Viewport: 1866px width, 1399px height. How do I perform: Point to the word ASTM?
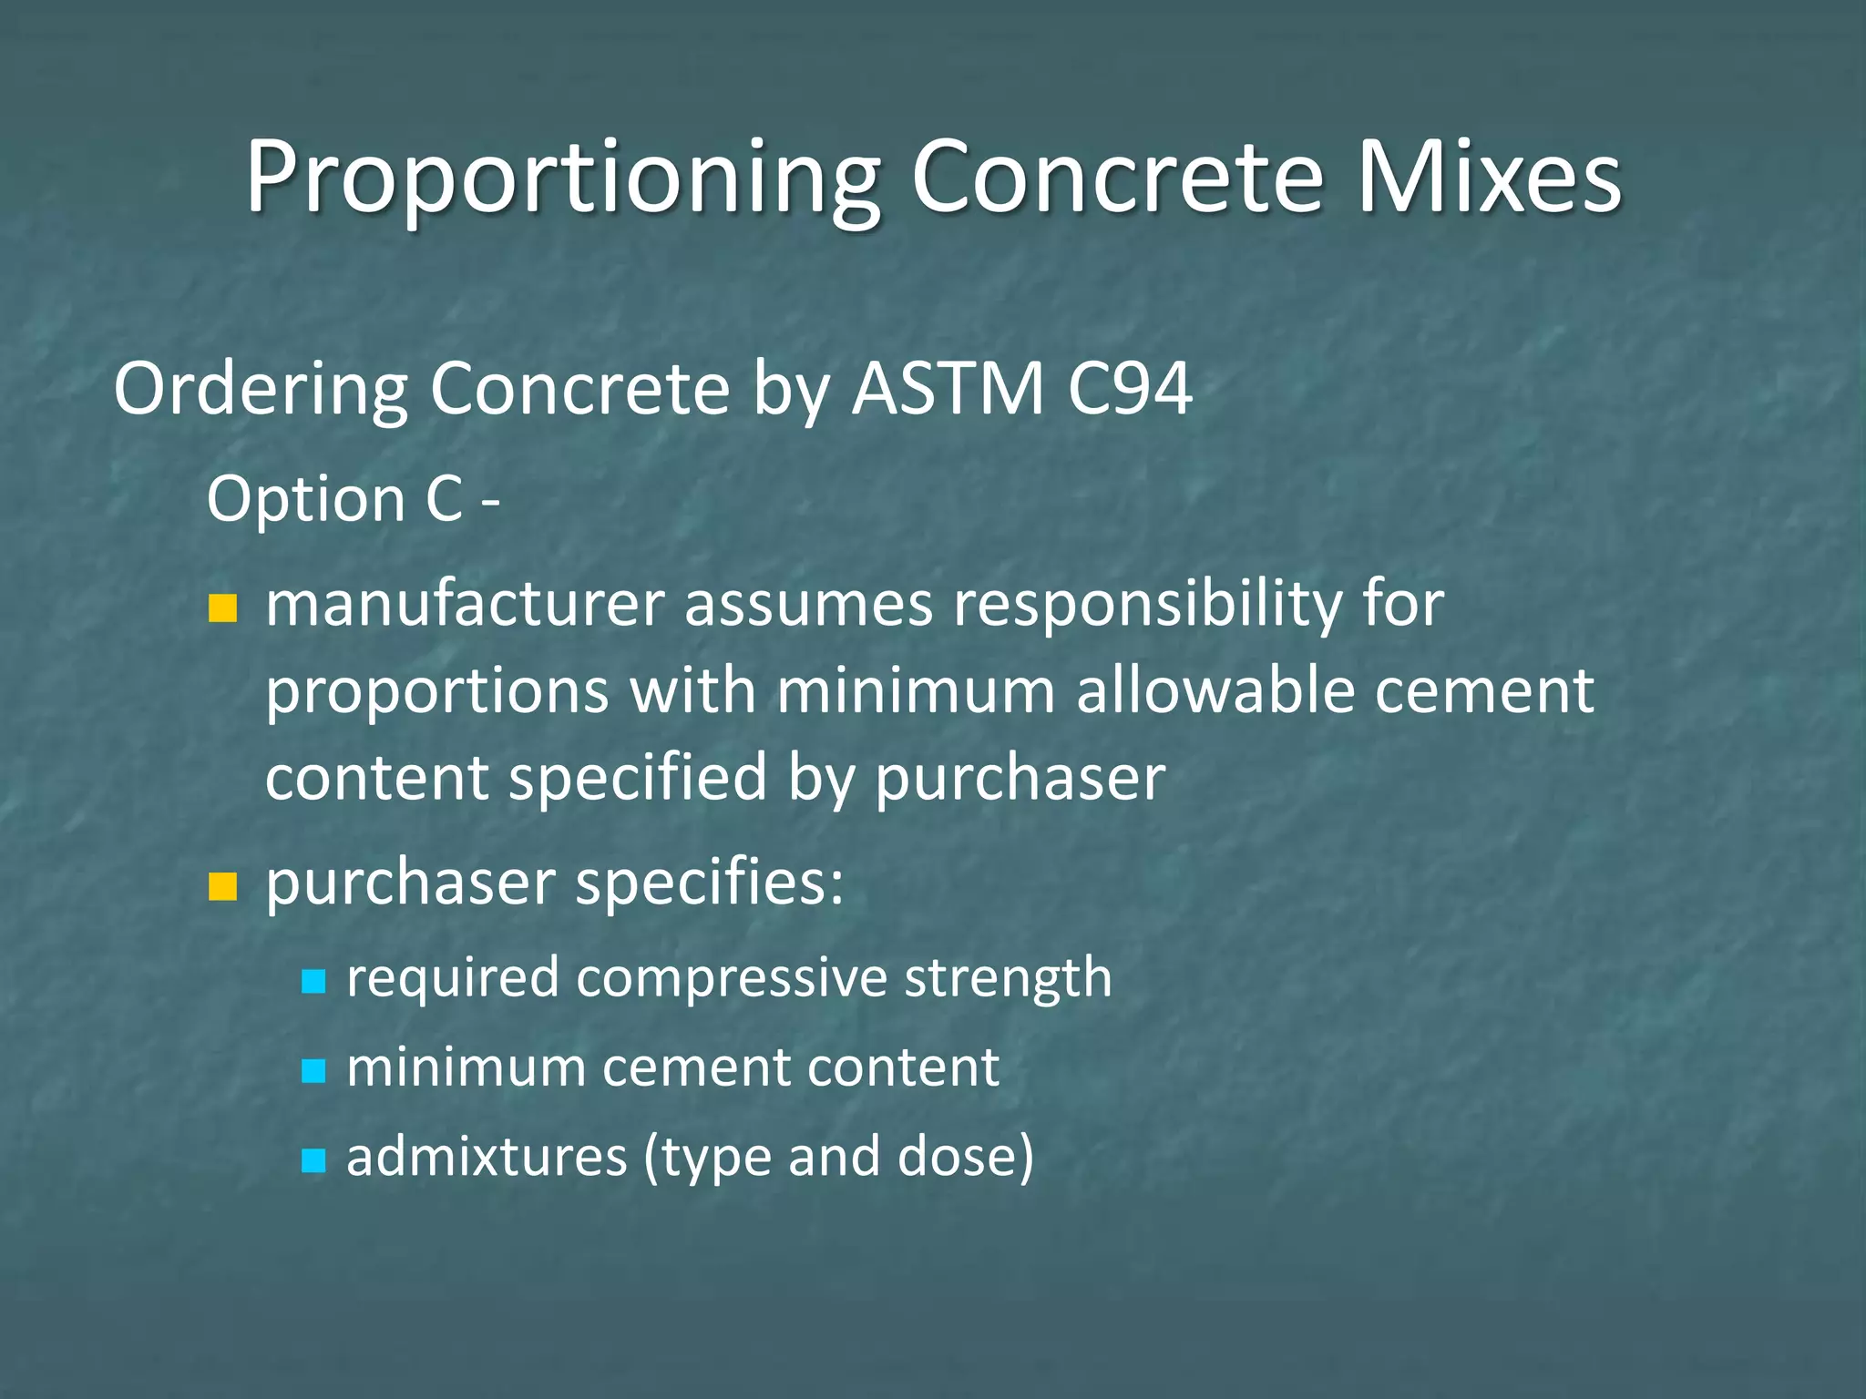[948, 389]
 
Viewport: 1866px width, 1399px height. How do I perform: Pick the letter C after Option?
[444, 499]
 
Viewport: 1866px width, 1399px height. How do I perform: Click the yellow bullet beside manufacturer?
[222, 608]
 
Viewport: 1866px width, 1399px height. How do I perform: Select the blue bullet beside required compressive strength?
[313, 981]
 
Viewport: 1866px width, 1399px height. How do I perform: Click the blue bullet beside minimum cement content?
[313, 1070]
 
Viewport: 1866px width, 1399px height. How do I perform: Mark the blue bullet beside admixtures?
[313, 1159]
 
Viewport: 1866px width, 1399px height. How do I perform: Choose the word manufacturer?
[465, 605]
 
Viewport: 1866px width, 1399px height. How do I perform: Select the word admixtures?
[487, 1157]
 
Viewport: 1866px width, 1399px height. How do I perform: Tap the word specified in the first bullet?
[637, 779]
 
